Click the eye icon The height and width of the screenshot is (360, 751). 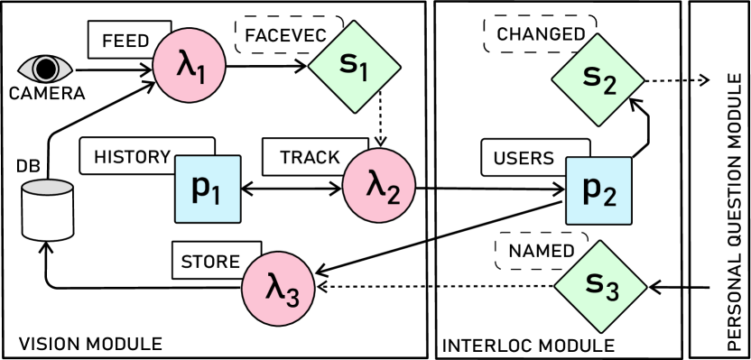pyautogui.click(x=45, y=69)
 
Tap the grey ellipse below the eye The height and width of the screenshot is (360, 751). pyautogui.click(x=47, y=188)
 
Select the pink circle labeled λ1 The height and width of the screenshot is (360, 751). pyautogui.click(x=188, y=66)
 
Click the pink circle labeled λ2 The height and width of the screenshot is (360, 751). pyautogui.click(x=378, y=185)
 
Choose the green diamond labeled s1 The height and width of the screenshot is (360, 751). pyautogui.click(x=354, y=67)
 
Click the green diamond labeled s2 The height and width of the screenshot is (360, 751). pyautogui.click(x=598, y=79)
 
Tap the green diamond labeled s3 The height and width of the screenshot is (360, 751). pyautogui.click(x=600, y=286)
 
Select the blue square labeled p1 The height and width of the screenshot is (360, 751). pyautogui.click(x=208, y=189)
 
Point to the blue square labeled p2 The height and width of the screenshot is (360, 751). pyautogui.click(x=598, y=190)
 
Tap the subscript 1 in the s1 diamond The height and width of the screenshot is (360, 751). pyautogui.click(x=363, y=73)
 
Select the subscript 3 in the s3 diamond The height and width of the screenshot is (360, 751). pyautogui.click(x=611, y=292)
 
